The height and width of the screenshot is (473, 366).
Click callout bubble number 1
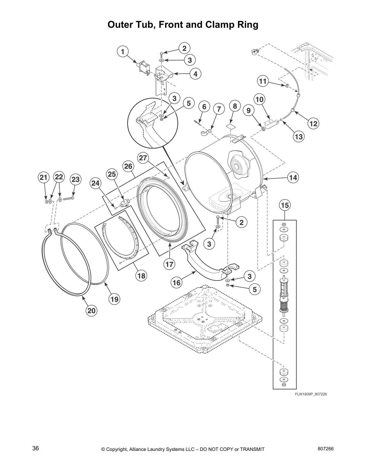(123, 52)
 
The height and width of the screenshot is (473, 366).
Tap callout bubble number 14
(293, 178)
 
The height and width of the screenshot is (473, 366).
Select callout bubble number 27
(143, 157)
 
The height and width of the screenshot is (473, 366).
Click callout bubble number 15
(285, 205)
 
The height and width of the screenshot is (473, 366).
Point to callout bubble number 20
(91, 311)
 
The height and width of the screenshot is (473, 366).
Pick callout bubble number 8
(235, 106)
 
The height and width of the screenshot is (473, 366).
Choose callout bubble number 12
(313, 123)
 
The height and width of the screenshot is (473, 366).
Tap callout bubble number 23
(75, 179)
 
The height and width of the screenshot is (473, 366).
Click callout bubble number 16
(177, 282)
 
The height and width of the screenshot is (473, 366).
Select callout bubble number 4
(195, 74)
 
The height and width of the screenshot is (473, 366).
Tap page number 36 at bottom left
(36, 449)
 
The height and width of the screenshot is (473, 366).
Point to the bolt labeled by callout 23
(69, 198)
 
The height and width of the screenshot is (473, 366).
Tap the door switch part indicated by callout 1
(143, 68)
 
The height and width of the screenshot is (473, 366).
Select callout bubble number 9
(248, 111)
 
